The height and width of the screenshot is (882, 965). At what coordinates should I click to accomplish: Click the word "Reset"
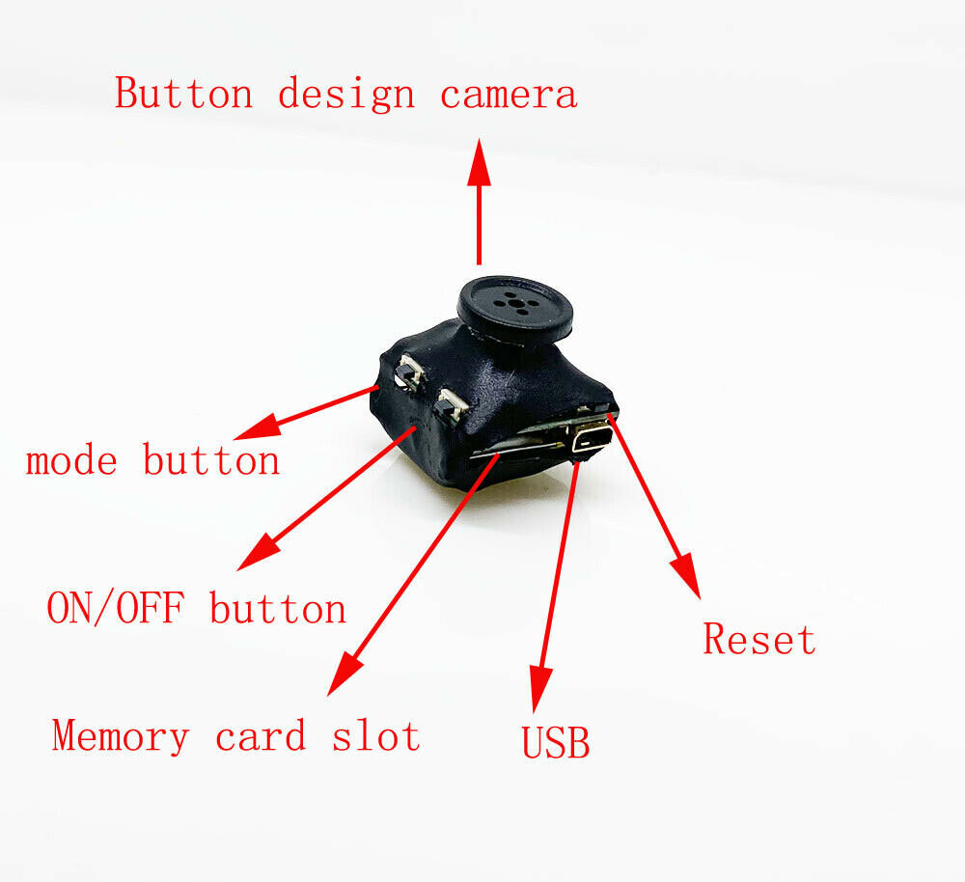coord(758,640)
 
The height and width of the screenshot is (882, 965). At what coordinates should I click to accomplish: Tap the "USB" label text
coord(555,743)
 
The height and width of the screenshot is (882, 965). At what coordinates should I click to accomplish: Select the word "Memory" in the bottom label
coord(121,736)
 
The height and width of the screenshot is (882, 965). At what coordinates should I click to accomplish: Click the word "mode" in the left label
coord(71,460)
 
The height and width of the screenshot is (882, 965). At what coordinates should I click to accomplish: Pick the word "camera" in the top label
coord(509,95)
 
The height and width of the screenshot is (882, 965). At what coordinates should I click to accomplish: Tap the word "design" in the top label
coord(346,95)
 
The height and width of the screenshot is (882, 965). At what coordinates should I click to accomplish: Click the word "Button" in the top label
coord(183,95)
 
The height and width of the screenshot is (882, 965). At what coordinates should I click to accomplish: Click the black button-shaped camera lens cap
coord(515,306)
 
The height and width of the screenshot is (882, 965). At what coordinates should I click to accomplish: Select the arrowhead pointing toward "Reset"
coord(687,575)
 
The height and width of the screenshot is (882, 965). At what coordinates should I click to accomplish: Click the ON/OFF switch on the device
coord(449,404)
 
